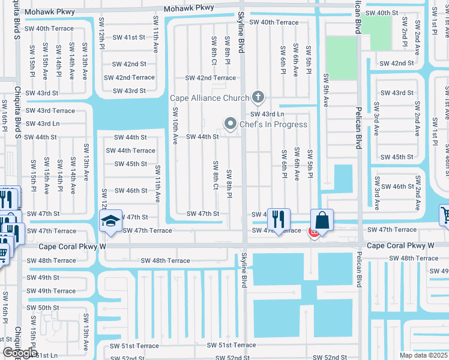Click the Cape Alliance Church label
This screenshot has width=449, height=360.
click(x=209, y=98)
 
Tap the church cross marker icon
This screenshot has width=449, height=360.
click(x=258, y=97)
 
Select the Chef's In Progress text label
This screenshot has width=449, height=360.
click(x=273, y=125)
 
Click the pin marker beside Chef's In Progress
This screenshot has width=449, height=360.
click(x=230, y=124)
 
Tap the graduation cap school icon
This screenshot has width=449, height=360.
click(x=111, y=221)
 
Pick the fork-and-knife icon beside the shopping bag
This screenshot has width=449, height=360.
click(x=278, y=220)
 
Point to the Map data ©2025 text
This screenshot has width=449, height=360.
click(x=423, y=355)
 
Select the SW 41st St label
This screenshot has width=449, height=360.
click(x=130, y=37)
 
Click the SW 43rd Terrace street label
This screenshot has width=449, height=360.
click(x=50, y=110)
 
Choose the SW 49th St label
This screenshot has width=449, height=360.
click(x=42, y=278)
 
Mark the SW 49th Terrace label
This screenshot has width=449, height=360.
click(x=50, y=291)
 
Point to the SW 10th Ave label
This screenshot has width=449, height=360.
click(x=176, y=125)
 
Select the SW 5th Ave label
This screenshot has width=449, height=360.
click(x=327, y=91)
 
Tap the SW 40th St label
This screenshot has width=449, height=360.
click(x=399, y=13)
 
